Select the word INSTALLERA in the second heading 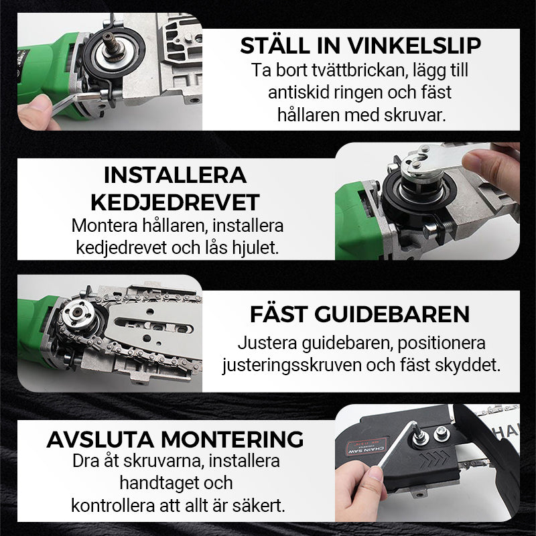coord(175,176)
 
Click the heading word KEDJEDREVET coord(175,202)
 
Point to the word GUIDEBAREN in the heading coord(392,314)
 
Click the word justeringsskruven coord(292,366)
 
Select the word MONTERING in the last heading coord(232,440)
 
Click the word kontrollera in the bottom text coord(113,506)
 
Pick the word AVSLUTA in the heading coord(100,440)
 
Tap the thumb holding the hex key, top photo coord(37,112)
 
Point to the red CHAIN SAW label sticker coord(366,446)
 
